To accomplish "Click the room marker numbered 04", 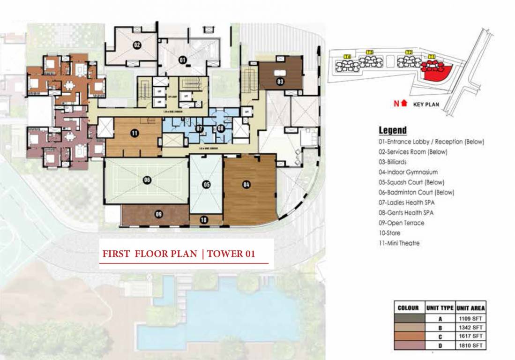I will click(x=246, y=185).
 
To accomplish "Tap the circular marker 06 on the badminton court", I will click(x=147, y=180).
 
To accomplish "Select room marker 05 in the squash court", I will click(x=206, y=185).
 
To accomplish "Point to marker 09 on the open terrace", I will click(x=158, y=214).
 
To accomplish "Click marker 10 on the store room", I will click(x=203, y=219).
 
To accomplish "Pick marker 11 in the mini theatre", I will click(x=134, y=134).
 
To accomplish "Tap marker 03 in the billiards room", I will click(x=280, y=82).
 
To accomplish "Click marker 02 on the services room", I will click(x=137, y=45).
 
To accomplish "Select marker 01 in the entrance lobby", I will click(x=182, y=59).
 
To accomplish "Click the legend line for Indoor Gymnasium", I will click(x=408, y=172).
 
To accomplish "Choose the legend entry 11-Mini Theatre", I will click(x=400, y=243).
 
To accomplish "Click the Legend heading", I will click(x=392, y=130).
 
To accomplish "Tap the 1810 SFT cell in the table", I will click(x=470, y=345).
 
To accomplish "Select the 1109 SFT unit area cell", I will click(x=470, y=318).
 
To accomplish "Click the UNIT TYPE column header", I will click(x=440, y=308).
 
